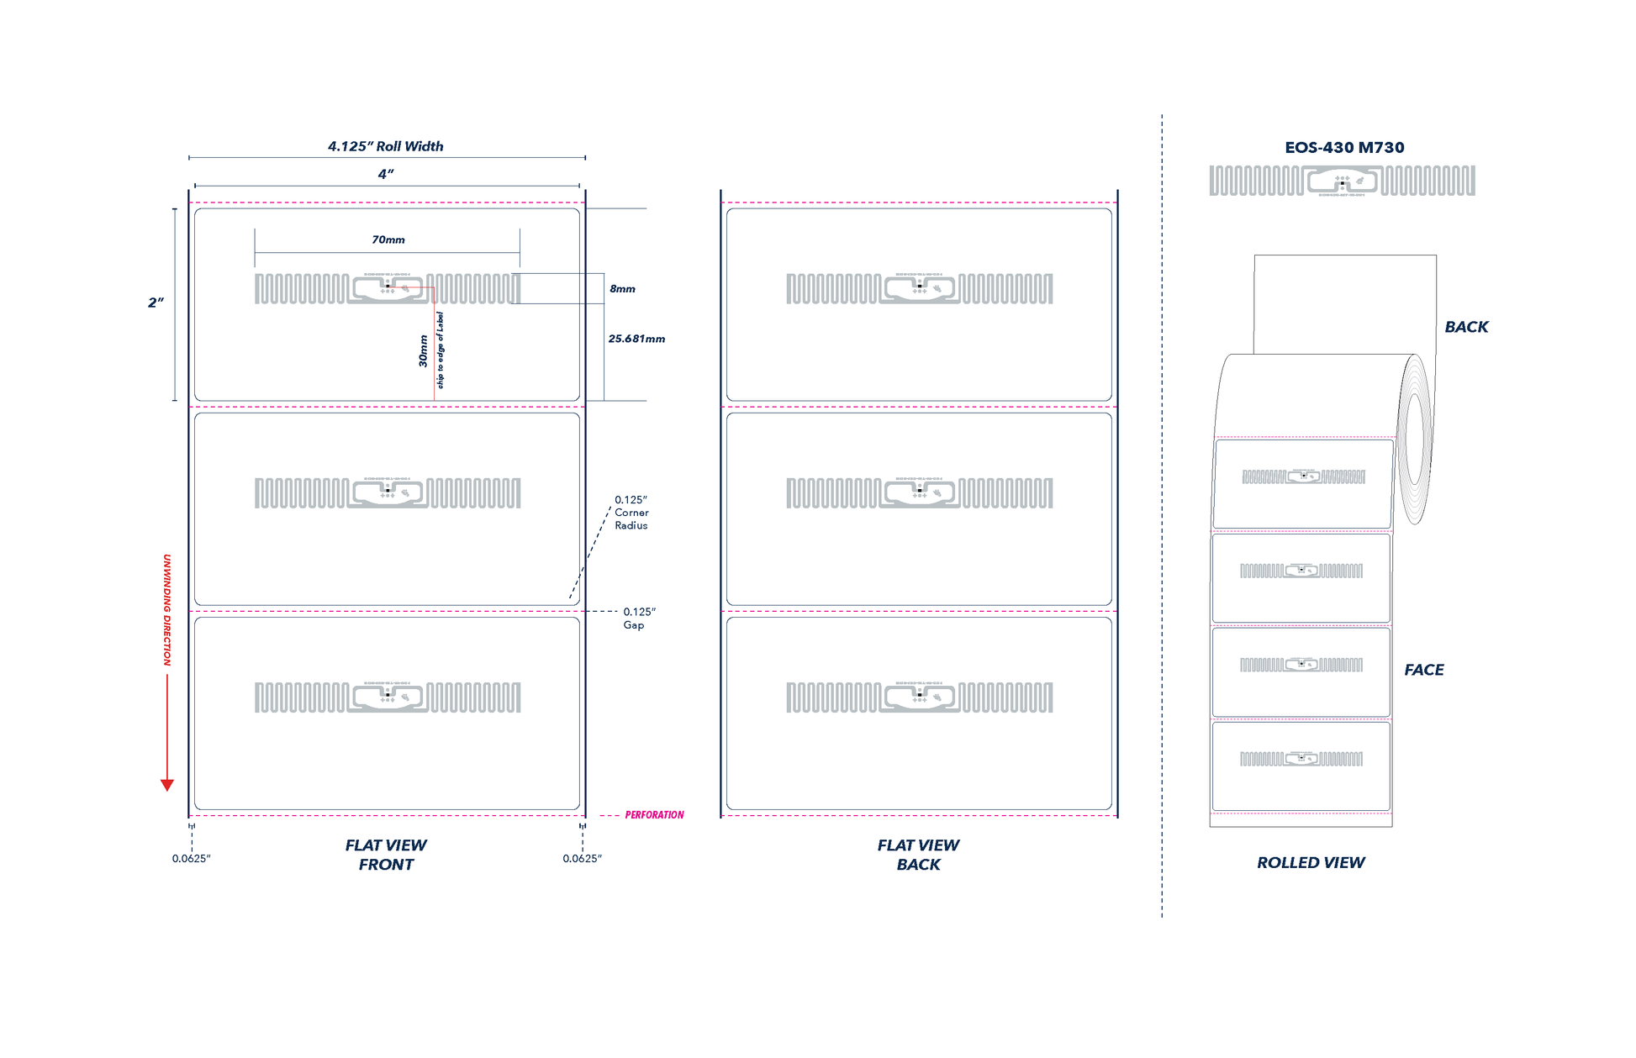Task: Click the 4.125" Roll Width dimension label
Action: [x=385, y=146]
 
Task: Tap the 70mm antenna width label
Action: [x=388, y=240]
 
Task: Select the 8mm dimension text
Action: [x=622, y=289]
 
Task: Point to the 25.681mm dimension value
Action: [x=636, y=339]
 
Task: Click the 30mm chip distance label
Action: [x=424, y=351]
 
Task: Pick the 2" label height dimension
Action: [x=156, y=303]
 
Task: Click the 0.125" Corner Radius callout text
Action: [x=631, y=513]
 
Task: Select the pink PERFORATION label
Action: [x=654, y=815]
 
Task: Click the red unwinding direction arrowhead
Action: [x=167, y=785]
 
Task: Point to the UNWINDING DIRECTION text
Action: [x=167, y=610]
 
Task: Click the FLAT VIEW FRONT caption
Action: [x=386, y=855]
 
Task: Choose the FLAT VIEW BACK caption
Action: [x=918, y=855]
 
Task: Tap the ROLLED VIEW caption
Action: [x=1311, y=863]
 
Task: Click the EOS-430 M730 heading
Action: [x=1344, y=148]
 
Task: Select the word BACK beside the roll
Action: [x=1466, y=327]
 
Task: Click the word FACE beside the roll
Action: [x=1424, y=670]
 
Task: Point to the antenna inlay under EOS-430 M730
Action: [x=1342, y=181]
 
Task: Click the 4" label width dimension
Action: [x=386, y=174]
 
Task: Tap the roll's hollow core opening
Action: [x=1416, y=440]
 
